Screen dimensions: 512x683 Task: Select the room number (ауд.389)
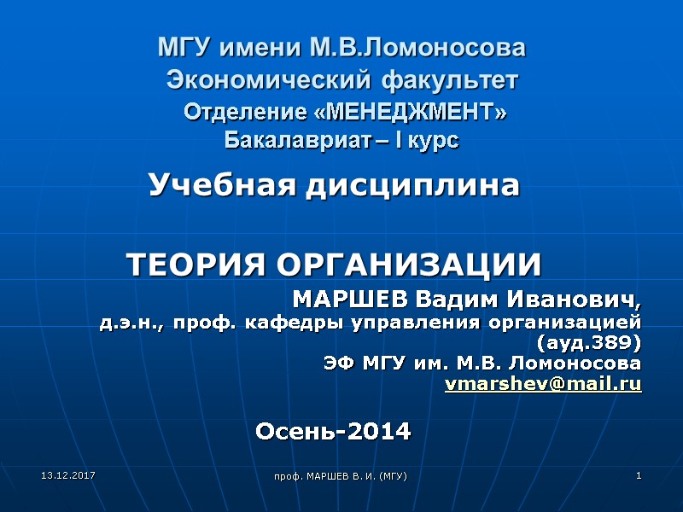tap(590, 343)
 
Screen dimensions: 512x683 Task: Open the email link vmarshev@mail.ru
tap(544, 384)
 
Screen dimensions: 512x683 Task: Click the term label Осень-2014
tap(334, 432)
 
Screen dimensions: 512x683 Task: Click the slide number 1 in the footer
tap(638, 474)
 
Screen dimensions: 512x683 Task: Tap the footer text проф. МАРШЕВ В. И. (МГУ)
tap(346, 474)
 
